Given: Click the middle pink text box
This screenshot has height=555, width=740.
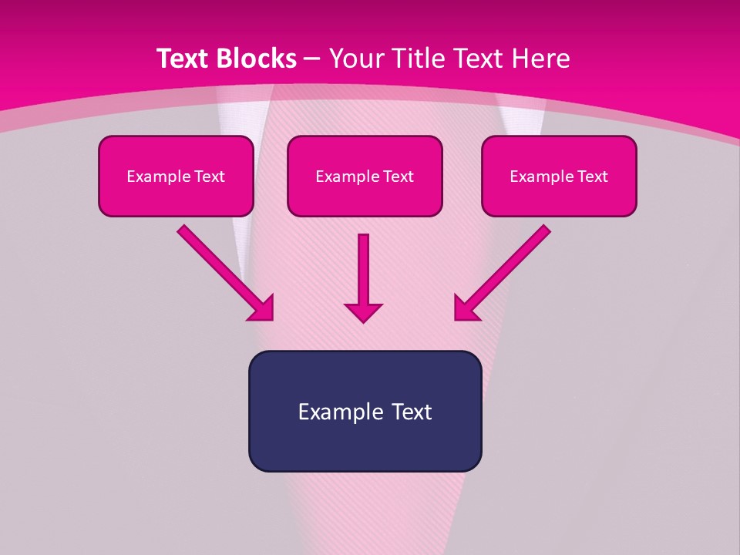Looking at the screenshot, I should coord(365,197).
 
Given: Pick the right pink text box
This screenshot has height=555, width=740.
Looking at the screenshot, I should coord(559,197).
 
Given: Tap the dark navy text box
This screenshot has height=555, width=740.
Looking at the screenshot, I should coord(365,443).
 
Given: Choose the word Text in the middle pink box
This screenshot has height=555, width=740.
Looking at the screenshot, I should coord(399,177).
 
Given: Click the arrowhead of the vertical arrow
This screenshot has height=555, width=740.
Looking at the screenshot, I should coord(363,311).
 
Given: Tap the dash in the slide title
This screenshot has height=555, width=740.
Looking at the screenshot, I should coord(313,59).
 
